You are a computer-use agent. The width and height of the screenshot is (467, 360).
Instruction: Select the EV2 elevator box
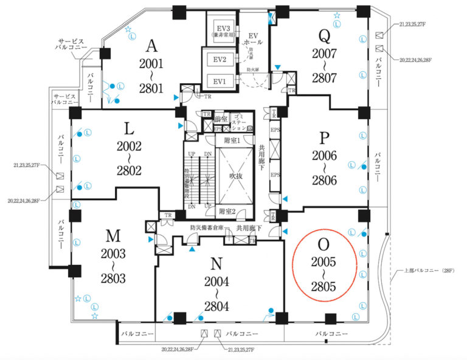[x=220, y=60]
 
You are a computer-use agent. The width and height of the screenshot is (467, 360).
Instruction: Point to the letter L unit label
[x=129, y=128]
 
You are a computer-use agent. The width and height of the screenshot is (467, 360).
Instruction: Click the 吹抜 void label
[x=228, y=176]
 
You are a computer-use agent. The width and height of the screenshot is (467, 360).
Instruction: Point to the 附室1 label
[x=232, y=140]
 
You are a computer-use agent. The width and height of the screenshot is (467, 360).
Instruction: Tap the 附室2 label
[x=227, y=211]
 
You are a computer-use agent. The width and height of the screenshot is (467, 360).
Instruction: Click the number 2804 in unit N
[x=216, y=306]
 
